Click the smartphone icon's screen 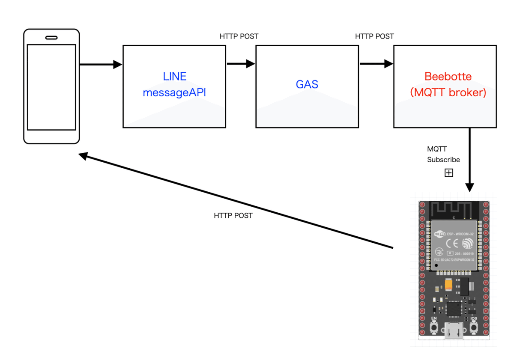pos(51,87)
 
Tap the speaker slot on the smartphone pos(51,38)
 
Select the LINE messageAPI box pos(174,86)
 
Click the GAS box pos(307,86)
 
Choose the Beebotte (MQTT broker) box pos(445,86)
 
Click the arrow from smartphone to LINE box pos(101,65)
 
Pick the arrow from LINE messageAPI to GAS pos(241,64)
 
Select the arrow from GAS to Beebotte pos(376,64)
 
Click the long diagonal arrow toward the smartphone pos(236,201)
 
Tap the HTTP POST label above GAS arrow pos(239,36)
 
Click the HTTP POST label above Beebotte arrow pos(374,36)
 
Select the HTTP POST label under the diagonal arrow pos(233,216)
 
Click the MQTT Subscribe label pos(443,155)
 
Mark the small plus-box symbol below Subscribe pos(448,173)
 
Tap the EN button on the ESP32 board pos(434,328)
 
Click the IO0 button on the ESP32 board pos(474,328)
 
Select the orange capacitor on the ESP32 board pos(448,284)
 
